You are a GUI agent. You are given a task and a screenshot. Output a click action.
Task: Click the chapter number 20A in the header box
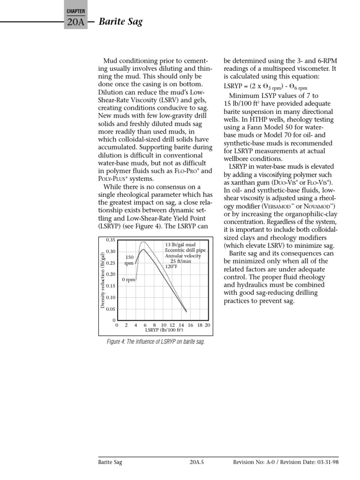[75, 22]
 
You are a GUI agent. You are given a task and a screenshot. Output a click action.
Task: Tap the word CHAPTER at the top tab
[75, 10]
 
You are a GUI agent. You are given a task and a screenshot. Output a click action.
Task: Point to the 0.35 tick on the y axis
[110, 240]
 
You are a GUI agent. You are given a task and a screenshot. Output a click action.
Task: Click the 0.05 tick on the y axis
[110, 309]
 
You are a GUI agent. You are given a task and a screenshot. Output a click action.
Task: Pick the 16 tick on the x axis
[190, 325]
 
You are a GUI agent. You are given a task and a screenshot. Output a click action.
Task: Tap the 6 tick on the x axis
[145, 325]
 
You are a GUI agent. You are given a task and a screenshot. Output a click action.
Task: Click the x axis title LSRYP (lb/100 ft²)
[164, 330]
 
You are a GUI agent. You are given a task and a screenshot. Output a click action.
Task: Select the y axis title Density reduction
[103, 280]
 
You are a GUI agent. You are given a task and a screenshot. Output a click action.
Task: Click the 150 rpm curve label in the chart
[130, 260]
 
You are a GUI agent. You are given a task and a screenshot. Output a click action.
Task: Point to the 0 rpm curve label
[128, 280]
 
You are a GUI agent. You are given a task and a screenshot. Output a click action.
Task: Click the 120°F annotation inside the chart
[172, 267]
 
